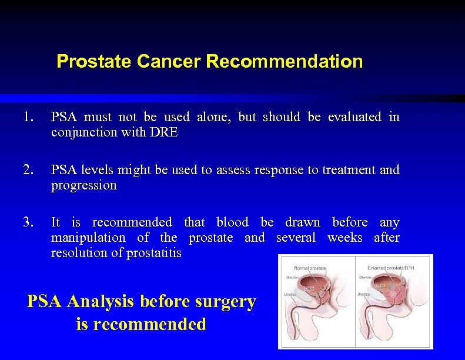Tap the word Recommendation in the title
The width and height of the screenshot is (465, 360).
(285, 61)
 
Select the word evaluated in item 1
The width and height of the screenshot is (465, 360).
(354, 117)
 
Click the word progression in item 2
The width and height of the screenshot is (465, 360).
(84, 185)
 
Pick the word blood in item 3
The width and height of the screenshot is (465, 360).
(232, 222)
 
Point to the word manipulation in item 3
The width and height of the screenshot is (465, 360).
(88, 238)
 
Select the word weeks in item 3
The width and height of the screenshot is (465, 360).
(344, 238)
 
